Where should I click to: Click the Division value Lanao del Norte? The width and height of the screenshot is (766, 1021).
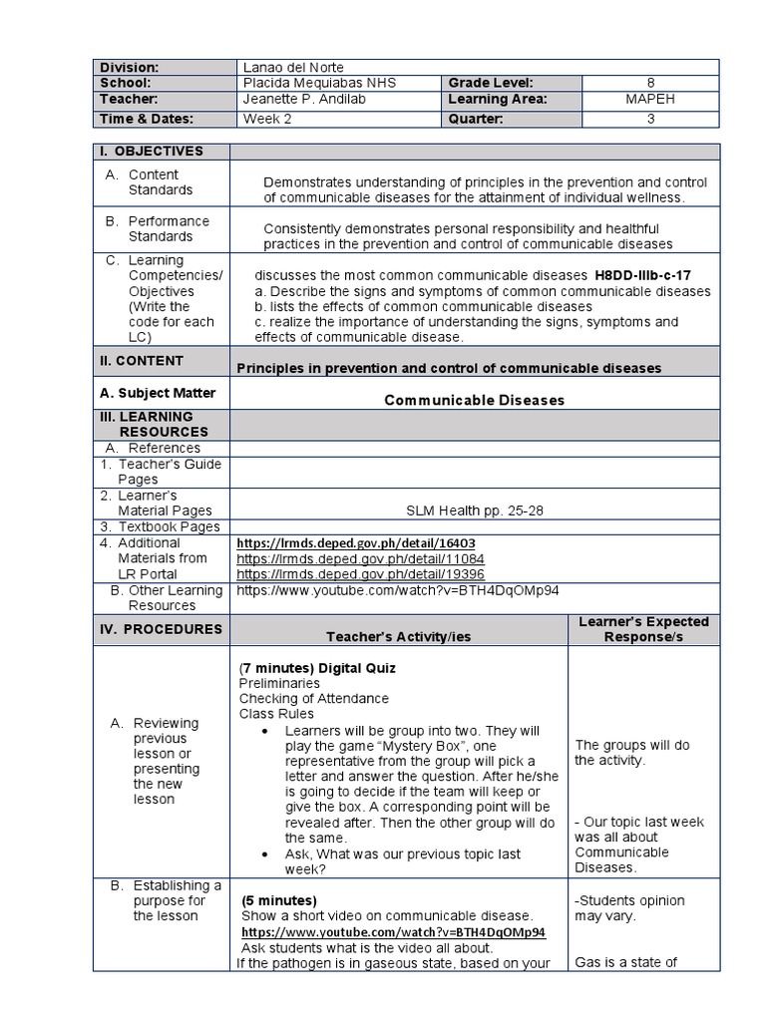pos(293,67)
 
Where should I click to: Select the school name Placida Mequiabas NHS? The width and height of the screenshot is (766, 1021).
pos(319,83)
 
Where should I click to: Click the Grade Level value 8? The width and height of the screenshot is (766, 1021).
pos(649,83)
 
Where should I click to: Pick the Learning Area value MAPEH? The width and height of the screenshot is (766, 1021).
pos(649,100)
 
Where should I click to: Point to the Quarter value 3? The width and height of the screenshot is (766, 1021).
pos(649,118)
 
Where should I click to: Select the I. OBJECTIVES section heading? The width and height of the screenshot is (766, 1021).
pos(151,152)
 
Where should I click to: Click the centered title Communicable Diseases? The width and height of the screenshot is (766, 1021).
pos(475,400)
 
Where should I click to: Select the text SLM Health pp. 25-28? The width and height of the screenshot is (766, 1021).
pos(475,510)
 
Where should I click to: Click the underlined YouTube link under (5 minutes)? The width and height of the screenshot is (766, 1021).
pos(393,932)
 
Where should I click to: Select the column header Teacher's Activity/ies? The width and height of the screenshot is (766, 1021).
pos(398,636)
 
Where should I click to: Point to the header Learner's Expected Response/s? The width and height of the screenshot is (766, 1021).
pos(643,629)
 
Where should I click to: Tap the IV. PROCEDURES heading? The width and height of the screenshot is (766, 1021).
pos(158,629)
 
